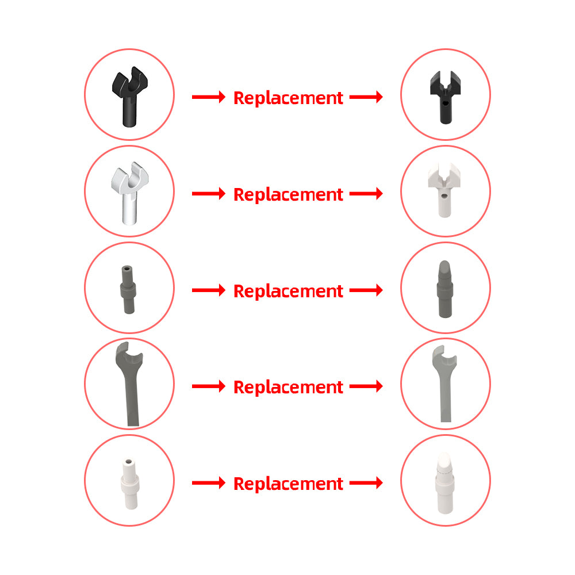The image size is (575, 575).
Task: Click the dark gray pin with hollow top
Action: (x=128, y=290)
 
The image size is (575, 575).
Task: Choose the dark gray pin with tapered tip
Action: (x=445, y=290)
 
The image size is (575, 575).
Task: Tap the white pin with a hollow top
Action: (x=130, y=484)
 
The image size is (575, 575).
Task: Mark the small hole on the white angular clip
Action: (x=444, y=196)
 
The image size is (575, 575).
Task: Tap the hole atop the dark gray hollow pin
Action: (x=127, y=268)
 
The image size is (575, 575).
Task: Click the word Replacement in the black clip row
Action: (x=288, y=98)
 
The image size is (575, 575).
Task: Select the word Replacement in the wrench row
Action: (x=288, y=387)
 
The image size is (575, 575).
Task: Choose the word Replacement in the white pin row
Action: (x=288, y=484)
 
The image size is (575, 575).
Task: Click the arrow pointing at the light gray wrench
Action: (x=366, y=386)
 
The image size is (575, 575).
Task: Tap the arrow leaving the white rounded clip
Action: (x=209, y=193)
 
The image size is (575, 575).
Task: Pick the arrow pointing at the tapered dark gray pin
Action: (x=366, y=290)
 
